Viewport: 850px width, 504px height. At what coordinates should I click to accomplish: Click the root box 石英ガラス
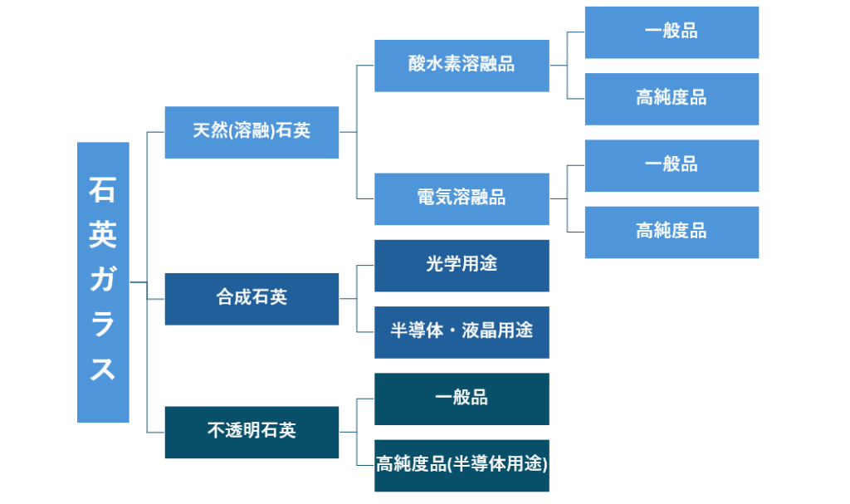coord(103,282)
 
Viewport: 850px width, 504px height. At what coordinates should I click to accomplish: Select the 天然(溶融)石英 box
coord(252,132)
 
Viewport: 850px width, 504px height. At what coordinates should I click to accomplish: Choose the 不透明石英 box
coord(252,432)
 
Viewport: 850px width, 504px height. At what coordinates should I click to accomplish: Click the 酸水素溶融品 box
coord(462,66)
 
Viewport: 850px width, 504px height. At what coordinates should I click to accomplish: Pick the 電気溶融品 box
coord(462,198)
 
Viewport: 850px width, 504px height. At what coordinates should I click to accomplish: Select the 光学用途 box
coord(462,266)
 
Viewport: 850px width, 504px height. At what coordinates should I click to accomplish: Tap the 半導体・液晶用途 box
coord(462,332)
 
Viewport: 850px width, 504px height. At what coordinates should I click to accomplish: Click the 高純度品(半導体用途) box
coord(462,465)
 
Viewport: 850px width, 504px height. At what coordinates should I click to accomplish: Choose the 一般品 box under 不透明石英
coord(462,399)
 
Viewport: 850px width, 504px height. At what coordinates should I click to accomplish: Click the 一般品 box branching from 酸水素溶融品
coord(672,32)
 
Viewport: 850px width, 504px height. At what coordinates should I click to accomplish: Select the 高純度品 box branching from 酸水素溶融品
coord(672,99)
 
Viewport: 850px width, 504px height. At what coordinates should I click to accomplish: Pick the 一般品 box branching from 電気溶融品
coord(672,165)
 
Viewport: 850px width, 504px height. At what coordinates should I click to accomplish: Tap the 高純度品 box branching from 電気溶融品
coord(672,232)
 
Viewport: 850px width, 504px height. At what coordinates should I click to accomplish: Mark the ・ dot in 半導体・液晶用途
coord(462,332)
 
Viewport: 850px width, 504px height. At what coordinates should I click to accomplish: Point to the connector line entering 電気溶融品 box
coord(366,198)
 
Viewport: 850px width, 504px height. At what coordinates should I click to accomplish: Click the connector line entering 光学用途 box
coord(366,266)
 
